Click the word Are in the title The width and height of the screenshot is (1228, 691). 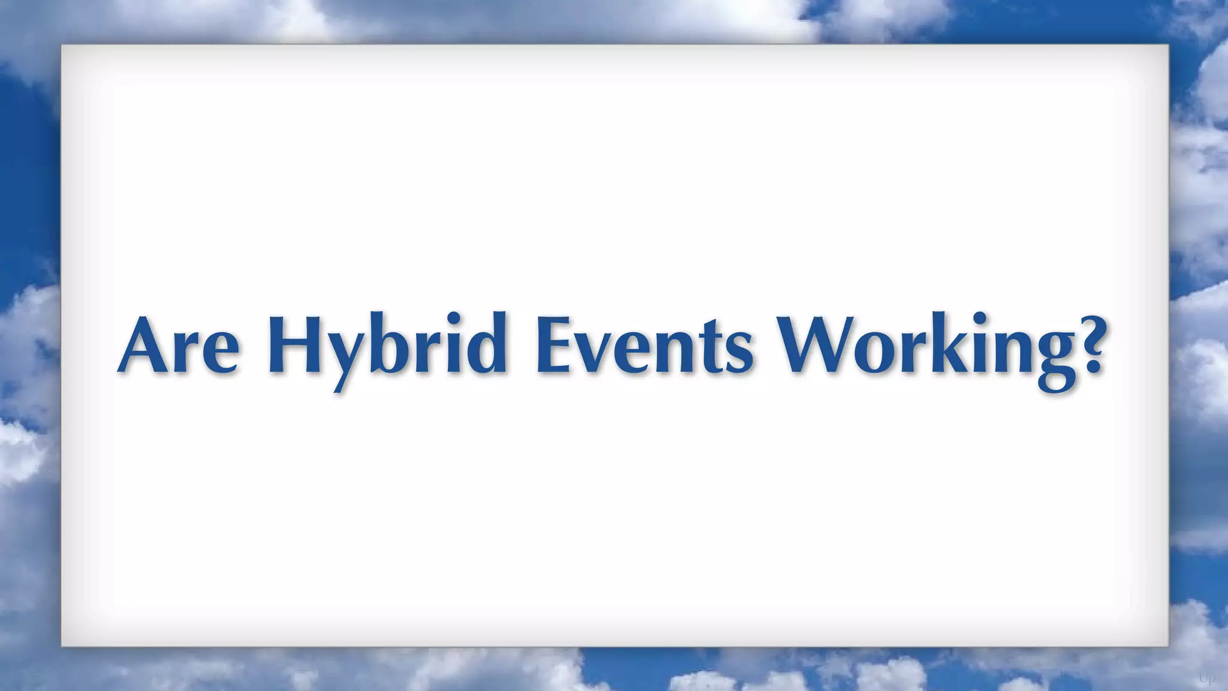point(180,346)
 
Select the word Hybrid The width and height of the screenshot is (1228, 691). point(387,346)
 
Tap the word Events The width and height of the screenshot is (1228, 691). point(644,346)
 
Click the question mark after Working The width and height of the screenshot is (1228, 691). point(1086,346)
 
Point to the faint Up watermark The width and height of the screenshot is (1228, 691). point(1206,679)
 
